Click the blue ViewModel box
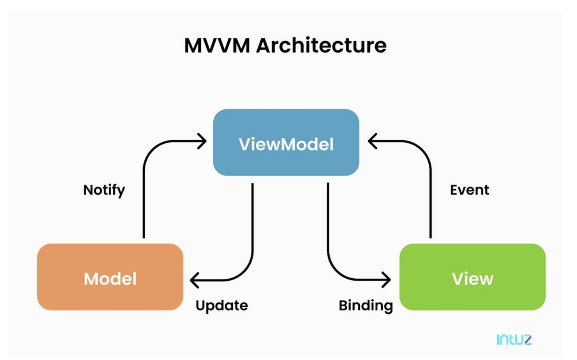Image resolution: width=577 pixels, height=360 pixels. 286,143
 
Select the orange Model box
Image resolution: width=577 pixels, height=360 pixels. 110,277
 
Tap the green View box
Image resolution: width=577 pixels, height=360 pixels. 472,277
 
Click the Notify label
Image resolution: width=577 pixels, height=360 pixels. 104,190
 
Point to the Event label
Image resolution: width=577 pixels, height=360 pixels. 469,190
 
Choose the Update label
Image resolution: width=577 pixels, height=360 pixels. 222,306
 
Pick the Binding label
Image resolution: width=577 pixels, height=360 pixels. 366,306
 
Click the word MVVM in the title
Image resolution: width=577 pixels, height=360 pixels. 217,45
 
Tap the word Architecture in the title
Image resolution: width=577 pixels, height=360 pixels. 321,45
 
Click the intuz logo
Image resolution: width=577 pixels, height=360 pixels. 514,340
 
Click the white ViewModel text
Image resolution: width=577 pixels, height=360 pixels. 286,144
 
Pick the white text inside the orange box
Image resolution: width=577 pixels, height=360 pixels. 110,279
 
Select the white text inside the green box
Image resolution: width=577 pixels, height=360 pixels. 472,279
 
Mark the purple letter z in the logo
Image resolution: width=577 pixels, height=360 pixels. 527,340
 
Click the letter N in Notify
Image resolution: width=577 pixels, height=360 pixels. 88,190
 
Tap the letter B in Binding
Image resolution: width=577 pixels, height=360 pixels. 343,305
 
